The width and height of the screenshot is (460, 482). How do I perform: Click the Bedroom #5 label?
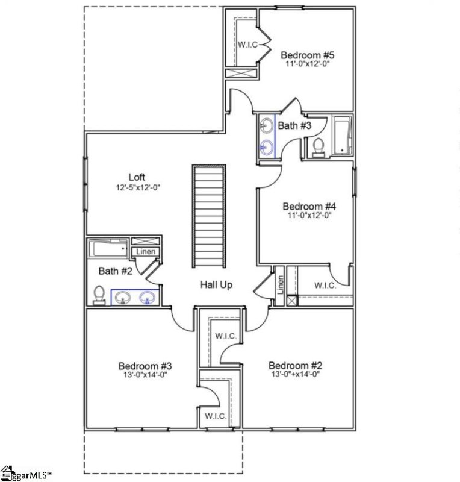click(308, 55)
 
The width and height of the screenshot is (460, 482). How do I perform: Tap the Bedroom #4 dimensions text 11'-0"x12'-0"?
click(308, 214)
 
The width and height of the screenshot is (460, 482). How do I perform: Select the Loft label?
click(137, 177)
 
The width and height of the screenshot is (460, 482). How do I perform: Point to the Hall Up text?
click(216, 285)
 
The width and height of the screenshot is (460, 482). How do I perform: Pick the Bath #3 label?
click(294, 125)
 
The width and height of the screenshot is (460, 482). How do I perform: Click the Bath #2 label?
click(115, 271)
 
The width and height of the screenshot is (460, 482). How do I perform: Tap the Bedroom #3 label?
click(145, 366)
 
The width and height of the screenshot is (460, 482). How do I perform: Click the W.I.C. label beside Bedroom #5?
click(247, 45)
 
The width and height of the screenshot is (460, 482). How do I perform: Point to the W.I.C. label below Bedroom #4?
click(325, 286)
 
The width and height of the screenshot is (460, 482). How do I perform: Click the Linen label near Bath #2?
click(145, 252)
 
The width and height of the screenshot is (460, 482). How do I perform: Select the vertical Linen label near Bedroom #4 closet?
click(280, 284)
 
